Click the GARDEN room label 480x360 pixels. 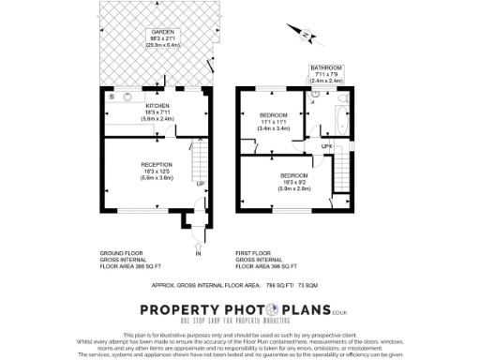point(162,31)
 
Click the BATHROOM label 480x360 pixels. point(326,67)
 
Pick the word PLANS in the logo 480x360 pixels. point(301,309)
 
